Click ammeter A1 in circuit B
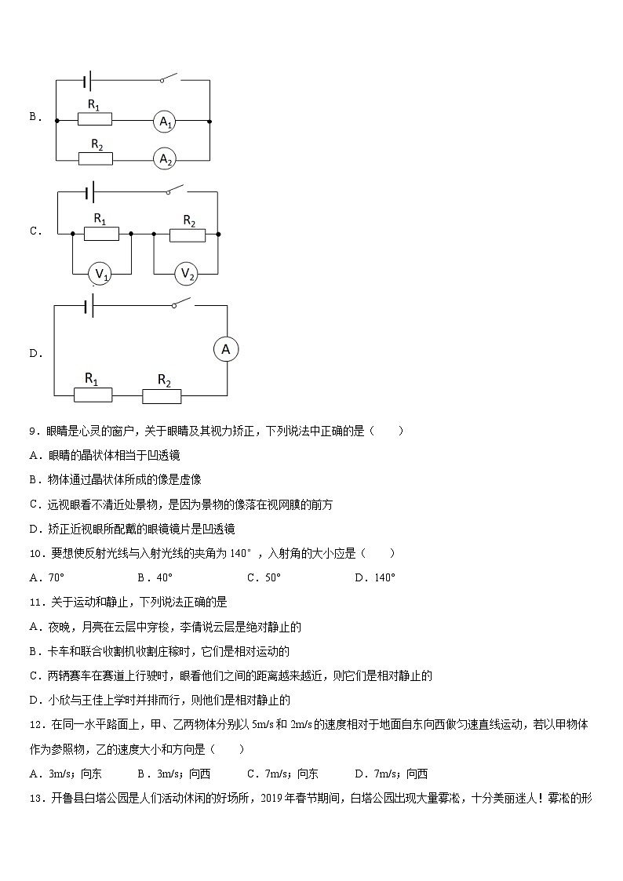pyautogui.click(x=164, y=122)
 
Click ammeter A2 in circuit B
pyautogui.click(x=164, y=159)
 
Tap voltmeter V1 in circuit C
pyautogui.click(x=101, y=273)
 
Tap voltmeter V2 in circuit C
pyautogui.click(x=187, y=273)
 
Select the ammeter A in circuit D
pyautogui.click(x=226, y=350)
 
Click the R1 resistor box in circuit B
pyautogui.click(x=95, y=119)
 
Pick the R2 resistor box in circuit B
pyautogui.click(x=96, y=158)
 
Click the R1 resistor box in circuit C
pyautogui.click(x=101, y=233)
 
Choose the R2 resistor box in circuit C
pyautogui.click(x=188, y=234)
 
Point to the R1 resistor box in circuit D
pyautogui.click(x=93, y=394)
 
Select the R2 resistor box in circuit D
pyautogui.click(x=162, y=395)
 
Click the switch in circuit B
pyautogui.click(x=168, y=78)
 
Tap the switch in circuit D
pyautogui.click(x=183, y=304)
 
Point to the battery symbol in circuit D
pyautogui.click(x=89, y=307)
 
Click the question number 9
pyautogui.click(x=32, y=431)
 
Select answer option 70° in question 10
pyautogui.click(x=56, y=578)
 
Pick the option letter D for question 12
pyautogui.click(x=360, y=774)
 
